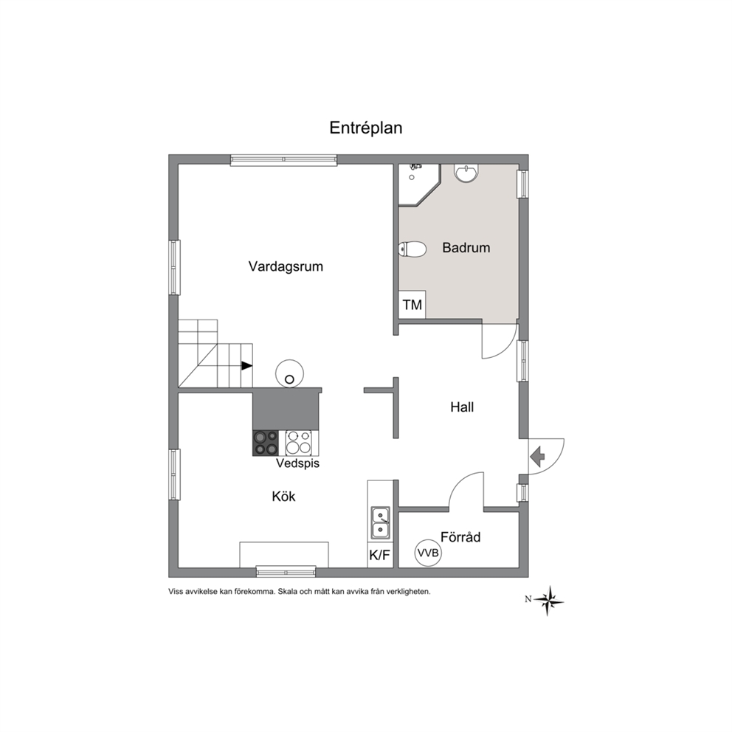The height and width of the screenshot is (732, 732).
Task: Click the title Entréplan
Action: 365,128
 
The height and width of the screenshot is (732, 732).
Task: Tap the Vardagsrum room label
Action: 286,266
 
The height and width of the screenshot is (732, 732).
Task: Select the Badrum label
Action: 466,247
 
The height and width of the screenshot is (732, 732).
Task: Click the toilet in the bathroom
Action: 412,249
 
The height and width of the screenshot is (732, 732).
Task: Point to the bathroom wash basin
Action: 466,173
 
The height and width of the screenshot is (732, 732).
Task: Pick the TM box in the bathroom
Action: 412,305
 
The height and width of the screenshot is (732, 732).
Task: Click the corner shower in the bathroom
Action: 418,184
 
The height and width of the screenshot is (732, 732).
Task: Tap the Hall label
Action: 462,407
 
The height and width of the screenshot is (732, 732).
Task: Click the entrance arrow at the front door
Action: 538,456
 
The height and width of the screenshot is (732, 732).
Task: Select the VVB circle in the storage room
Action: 428,553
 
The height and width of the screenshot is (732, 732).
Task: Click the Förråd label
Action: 460,537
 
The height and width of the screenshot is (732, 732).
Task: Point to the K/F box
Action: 379,555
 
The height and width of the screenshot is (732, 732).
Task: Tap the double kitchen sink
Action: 381,522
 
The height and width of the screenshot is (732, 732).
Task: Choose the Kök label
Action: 284,497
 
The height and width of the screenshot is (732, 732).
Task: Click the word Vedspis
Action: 297,463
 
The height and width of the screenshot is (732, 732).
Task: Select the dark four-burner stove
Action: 266,443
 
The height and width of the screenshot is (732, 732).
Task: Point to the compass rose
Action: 548,601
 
